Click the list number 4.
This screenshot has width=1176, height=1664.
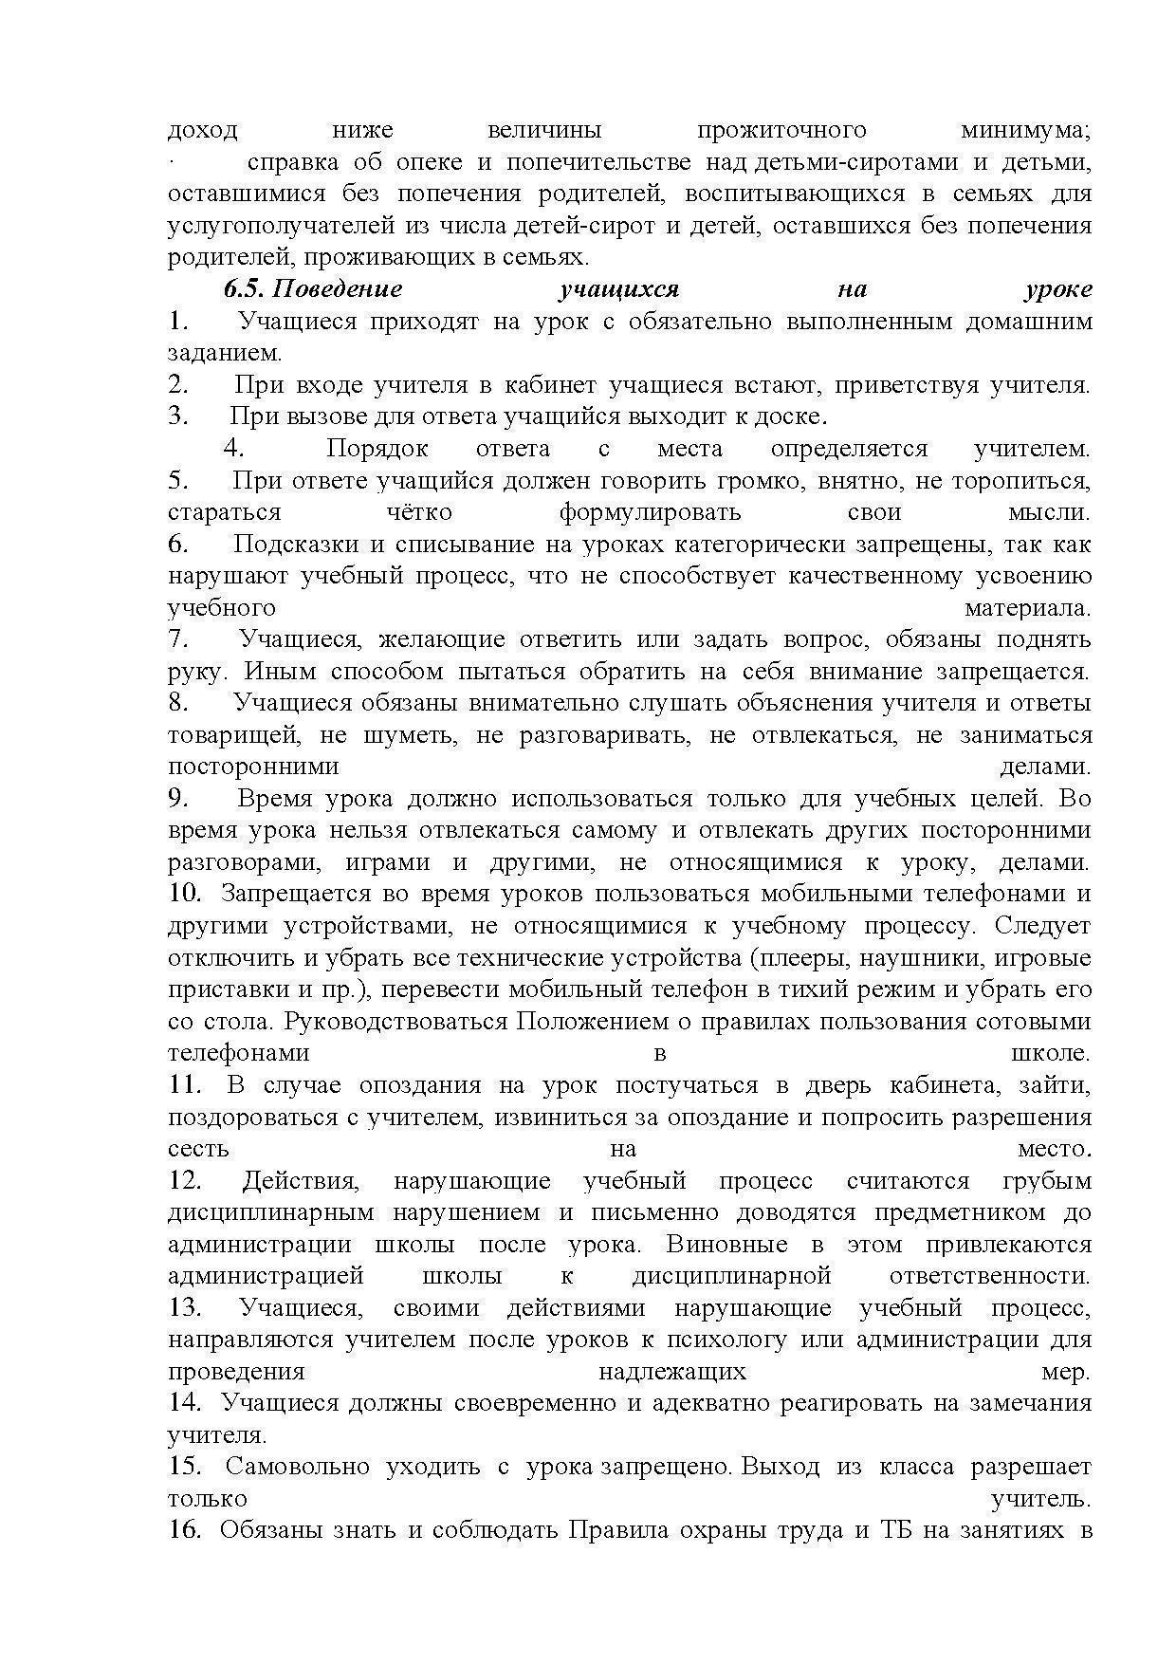click(233, 448)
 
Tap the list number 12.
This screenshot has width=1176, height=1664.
click(185, 1181)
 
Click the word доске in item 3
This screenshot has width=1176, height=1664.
click(795, 416)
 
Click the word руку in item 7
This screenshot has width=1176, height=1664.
click(196, 672)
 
